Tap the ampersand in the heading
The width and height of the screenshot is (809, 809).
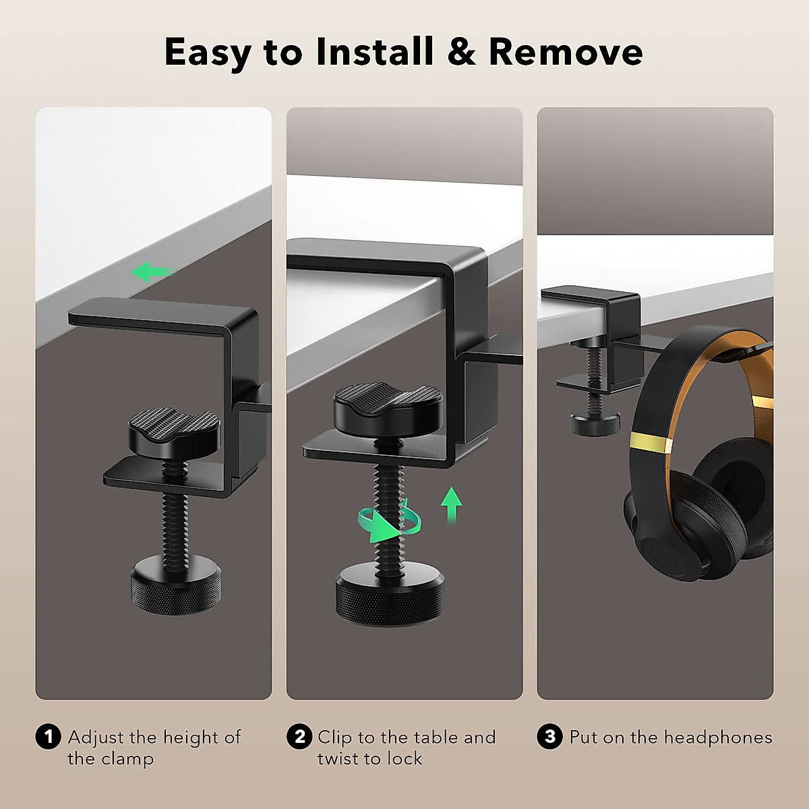click(x=461, y=52)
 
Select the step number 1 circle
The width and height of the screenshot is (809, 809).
click(x=47, y=737)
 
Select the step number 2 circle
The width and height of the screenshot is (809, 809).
click(x=299, y=737)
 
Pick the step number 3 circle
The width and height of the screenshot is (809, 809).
click(x=549, y=737)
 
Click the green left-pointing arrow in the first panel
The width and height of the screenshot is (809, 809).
click(x=150, y=272)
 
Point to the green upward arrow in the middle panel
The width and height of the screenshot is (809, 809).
click(x=451, y=505)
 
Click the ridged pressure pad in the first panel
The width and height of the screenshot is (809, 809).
click(x=174, y=431)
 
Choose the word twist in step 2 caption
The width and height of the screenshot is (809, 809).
click(x=338, y=758)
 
